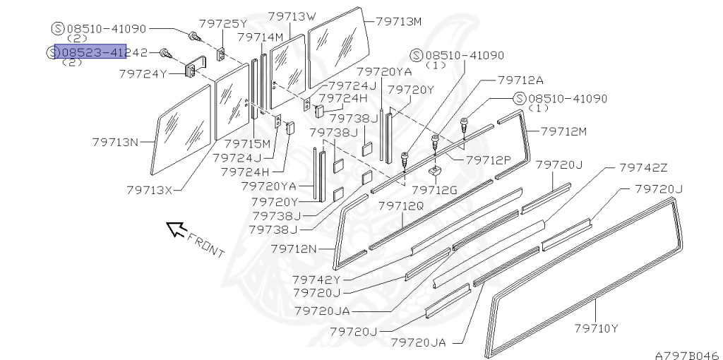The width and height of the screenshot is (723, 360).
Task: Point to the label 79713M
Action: [x=399, y=21]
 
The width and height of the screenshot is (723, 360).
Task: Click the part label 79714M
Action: [x=260, y=37]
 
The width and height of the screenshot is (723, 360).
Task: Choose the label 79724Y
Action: [x=143, y=73]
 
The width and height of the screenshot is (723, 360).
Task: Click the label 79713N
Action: [x=115, y=141]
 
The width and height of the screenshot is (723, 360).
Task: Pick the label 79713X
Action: [x=150, y=189]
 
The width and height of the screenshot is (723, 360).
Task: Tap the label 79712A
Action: [x=521, y=80]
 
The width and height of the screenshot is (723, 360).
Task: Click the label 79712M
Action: [x=564, y=131]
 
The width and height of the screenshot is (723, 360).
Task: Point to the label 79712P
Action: [x=488, y=160]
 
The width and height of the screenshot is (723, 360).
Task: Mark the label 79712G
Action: [x=435, y=189]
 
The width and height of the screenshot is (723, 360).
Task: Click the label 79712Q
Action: [x=401, y=205]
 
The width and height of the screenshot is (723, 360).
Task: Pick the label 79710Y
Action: [x=597, y=328]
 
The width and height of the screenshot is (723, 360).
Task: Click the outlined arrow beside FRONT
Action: [x=174, y=228]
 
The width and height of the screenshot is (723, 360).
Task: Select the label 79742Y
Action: [x=319, y=280]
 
